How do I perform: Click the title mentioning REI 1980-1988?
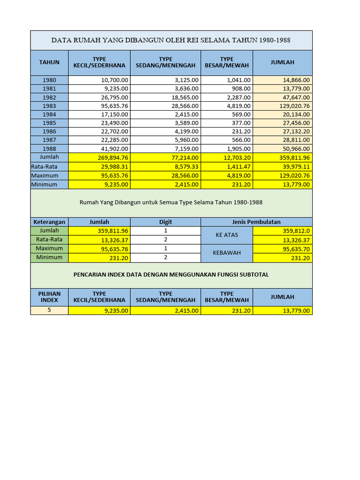point(171,40)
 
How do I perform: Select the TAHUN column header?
point(49,62)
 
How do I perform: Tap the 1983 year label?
point(49,106)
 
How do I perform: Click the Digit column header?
point(165,222)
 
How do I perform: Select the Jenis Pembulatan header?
point(256,222)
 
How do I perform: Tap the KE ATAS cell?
point(226,235)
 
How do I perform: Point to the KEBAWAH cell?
point(226,253)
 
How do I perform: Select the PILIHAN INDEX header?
point(49,297)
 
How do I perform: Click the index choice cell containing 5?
point(49,310)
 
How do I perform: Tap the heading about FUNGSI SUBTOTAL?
point(171,275)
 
